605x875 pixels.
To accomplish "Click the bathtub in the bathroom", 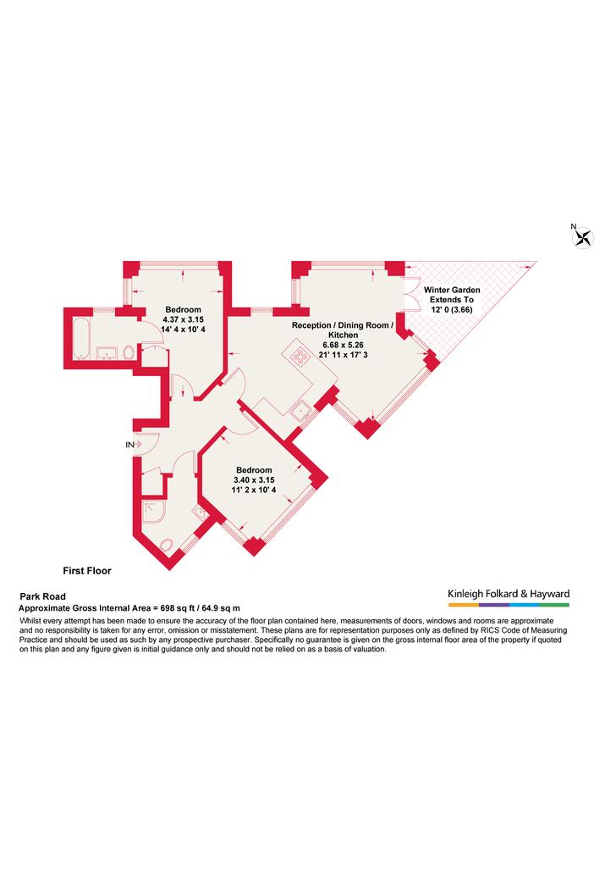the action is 81,338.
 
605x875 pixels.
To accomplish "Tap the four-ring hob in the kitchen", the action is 301,356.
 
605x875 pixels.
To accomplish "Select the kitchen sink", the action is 301,412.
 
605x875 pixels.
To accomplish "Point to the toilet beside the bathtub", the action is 129,353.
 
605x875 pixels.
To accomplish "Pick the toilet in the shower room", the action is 167,545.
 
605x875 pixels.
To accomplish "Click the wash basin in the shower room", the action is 199,512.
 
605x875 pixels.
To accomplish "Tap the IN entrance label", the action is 130,445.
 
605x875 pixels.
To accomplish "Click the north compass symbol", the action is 583,238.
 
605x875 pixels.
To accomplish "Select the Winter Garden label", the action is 452,290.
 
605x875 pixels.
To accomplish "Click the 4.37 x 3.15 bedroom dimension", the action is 183,319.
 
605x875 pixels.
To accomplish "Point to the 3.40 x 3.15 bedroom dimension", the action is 254,480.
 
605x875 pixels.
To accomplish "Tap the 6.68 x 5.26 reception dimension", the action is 343,345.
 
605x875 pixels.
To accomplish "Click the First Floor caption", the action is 87,571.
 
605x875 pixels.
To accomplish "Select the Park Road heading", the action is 43,596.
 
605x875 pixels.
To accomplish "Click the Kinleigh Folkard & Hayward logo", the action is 509,596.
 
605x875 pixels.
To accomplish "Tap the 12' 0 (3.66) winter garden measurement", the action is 452,309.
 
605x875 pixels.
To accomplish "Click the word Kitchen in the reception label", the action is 343,335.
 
